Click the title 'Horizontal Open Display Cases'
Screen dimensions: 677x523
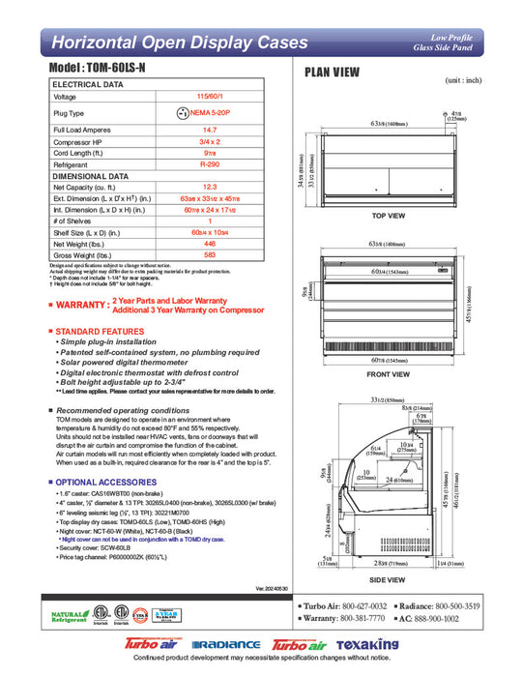click(160, 43)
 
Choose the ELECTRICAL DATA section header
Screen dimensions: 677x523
click(87, 85)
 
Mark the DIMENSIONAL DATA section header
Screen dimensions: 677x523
click(90, 176)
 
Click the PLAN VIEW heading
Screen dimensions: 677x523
click(333, 72)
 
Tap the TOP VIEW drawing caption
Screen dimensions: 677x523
click(389, 215)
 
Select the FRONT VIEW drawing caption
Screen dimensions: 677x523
click(388, 372)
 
